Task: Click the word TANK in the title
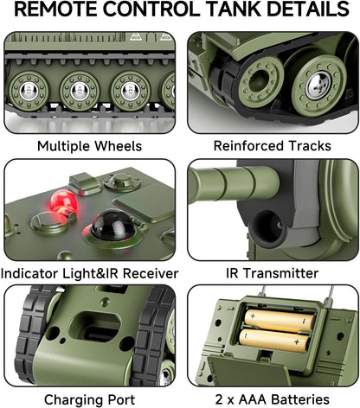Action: coord(234,9)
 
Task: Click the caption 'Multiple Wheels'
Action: coord(89,146)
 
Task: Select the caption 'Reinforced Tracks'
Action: coord(272,146)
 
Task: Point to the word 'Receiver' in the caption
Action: coord(151,273)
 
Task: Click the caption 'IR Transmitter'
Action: coord(272,273)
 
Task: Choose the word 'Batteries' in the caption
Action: coord(300,399)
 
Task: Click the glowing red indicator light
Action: coord(63,201)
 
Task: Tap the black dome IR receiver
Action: coord(113,226)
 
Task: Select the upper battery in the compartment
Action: coord(280,320)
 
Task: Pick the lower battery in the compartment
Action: coord(274,340)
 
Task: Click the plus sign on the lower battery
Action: coord(297,342)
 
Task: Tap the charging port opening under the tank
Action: coord(95,328)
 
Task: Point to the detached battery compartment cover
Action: coord(248,371)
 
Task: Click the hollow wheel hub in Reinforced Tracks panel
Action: coord(260,81)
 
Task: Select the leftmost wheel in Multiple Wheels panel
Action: coord(29,91)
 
